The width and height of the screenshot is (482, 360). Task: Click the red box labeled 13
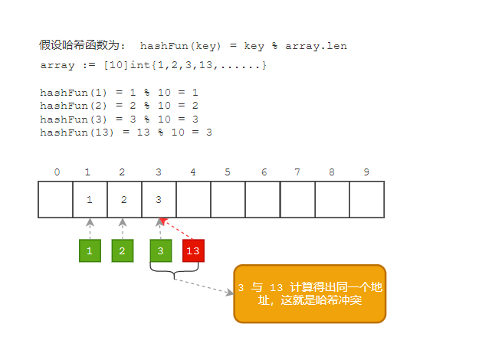(x=193, y=250)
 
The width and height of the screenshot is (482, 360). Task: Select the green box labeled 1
(x=90, y=250)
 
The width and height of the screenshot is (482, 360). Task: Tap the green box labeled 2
(x=123, y=250)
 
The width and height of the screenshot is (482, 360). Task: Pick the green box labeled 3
(x=161, y=250)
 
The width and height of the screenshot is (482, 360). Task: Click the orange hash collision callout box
(x=310, y=293)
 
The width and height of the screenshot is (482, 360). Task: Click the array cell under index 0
(x=55, y=199)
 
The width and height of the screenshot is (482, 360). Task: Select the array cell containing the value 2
(x=124, y=199)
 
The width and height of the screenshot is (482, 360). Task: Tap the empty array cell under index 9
(x=366, y=199)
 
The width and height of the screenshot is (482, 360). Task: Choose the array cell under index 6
(x=263, y=199)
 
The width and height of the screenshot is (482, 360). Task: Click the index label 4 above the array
(x=192, y=172)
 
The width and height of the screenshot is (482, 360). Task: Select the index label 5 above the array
(x=228, y=172)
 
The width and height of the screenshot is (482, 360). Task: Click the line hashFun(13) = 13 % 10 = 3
(x=126, y=133)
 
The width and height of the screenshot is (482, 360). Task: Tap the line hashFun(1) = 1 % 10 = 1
(x=120, y=93)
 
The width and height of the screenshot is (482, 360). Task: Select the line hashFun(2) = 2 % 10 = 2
(x=120, y=106)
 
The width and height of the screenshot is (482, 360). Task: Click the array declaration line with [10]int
(x=153, y=66)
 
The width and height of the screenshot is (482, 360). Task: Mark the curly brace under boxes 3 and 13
(x=175, y=272)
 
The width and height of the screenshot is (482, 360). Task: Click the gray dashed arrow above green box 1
(x=90, y=228)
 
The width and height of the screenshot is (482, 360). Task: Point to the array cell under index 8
(x=332, y=199)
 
